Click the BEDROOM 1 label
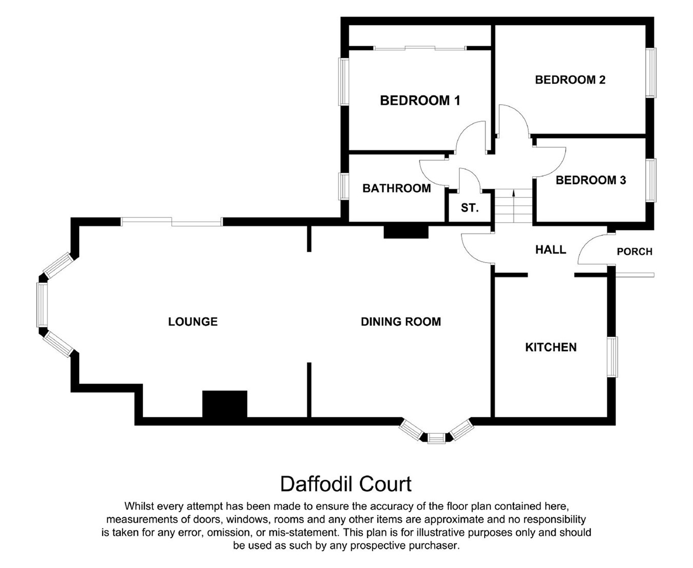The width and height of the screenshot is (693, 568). tap(420, 100)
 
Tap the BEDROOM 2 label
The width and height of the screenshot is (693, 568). tap(570, 80)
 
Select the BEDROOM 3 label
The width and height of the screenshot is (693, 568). tap(591, 180)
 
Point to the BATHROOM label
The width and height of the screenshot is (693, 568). tap(397, 188)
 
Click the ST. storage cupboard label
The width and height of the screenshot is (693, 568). tap(470, 208)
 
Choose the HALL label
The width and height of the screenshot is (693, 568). tap(551, 249)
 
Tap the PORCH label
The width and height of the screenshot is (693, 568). tap(634, 252)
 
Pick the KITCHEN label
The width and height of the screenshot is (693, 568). tap(551, 347)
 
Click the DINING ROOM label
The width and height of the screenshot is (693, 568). tap(401, 321)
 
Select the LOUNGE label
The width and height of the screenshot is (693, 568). tap(193, 321)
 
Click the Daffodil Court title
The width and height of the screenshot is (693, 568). tap(345, 484)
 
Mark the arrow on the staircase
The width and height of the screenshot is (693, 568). tap(513, 206)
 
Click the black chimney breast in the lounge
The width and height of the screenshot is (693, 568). tap(225, 405)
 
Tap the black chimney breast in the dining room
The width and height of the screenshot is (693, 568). tap(406, 232)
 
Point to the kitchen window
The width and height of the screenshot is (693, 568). tap(612, 357)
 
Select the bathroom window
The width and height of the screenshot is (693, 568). tap(344, 187)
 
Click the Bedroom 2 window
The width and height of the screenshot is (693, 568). tap(651, 72)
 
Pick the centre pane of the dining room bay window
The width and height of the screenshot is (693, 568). tap(437, 438)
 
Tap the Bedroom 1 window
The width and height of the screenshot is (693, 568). tap(344, 82)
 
